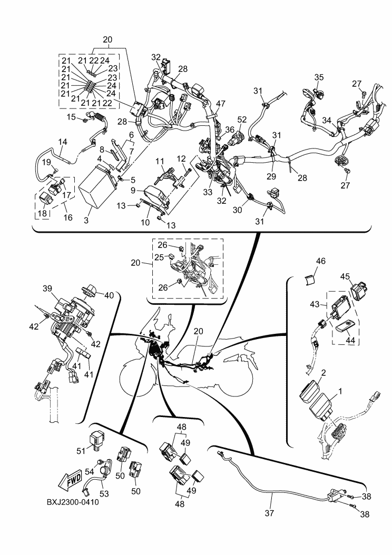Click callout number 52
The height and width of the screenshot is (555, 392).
[x=242, y=120]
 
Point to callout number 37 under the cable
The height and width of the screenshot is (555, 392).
[x=269, y=512]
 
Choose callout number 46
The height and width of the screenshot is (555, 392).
[x=320, y=261]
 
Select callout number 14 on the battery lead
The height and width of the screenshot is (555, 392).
[x=62, y=142]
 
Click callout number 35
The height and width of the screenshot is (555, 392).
[x=319, y=77]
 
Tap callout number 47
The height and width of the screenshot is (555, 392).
[x=221, y=104]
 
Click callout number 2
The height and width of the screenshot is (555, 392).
[x=324, y=373]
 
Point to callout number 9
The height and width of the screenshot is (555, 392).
[x=133, y=191]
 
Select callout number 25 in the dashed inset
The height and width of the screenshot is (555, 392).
[x=159, y=257]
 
